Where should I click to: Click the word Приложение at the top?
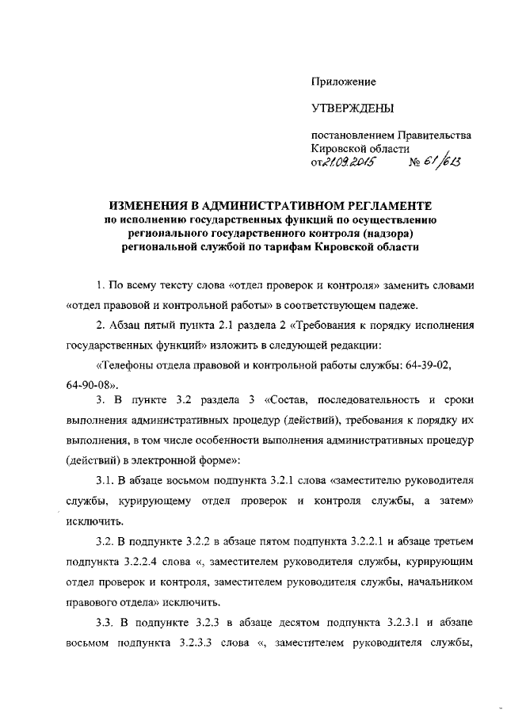(343, 82)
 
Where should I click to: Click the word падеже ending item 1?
(319, 305)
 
